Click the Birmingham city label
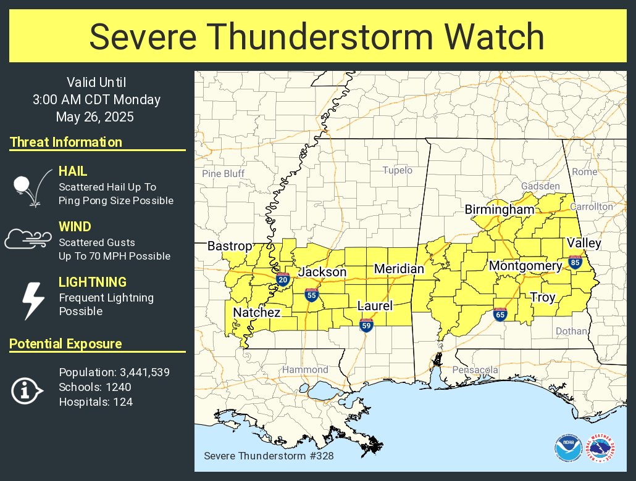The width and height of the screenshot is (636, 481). (x=500, y=210)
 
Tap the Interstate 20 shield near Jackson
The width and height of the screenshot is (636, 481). (x=283, y=279)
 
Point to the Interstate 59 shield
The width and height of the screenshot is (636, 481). (x=366, y=324)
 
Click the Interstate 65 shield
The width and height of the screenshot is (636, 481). (x=500, y=315)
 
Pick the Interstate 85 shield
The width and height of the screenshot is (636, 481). (x=575, y=263)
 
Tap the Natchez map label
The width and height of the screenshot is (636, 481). (x=256, y=313)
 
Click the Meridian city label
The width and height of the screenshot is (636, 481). (x=399, y=269)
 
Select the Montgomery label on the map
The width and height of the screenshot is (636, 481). (x=525, y=266)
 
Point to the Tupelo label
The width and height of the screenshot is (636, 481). (x=397, y=170)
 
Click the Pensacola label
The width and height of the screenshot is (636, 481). (x=475, y=369)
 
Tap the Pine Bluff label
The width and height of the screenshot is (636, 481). (x=224, y=173)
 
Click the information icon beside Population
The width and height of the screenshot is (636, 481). (x=27, y=390)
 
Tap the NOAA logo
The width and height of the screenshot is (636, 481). (x=567, y=449)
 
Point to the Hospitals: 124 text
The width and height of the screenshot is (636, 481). (x=96, y=402)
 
